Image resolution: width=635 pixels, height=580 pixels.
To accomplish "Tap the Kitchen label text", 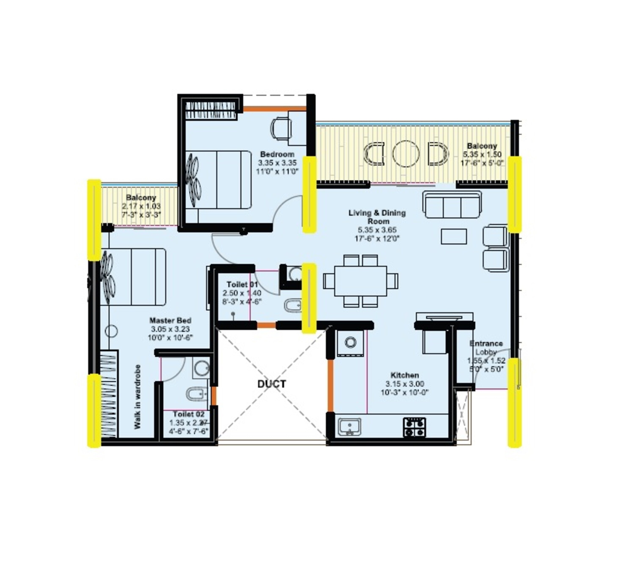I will click(x=404, y=375).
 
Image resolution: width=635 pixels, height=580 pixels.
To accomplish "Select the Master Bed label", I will click(x=170, y=320).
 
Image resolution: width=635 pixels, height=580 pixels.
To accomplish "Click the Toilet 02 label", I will click(x=189, y=414).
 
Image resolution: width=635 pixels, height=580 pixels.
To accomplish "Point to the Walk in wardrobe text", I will click(x=137, y=397).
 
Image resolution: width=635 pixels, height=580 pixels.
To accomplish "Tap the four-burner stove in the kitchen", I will click(x=414, y=427).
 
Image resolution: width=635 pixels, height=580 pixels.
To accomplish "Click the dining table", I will click(x=361, y=281).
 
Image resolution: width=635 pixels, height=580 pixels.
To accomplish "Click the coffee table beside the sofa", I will click(x=454, y=236).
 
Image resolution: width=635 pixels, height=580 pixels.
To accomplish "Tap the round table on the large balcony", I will click(x=406, y=154).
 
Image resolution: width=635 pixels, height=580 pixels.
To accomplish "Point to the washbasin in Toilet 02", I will click(x=202, y=367).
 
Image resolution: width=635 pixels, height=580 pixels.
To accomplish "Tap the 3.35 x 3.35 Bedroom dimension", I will click(x=277, y=163).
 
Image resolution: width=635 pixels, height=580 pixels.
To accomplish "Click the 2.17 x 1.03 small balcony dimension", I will click(x=141, y=206).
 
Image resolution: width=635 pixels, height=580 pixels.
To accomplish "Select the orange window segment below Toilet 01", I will click(x=266, y=325).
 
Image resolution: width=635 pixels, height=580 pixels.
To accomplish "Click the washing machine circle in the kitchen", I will click(x=350, y=342).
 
